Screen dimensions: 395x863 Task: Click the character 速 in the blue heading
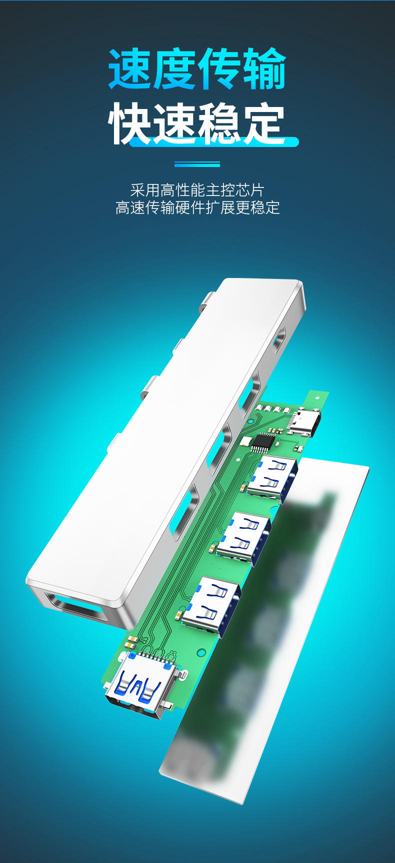pyautogui.click(x=130, y=69)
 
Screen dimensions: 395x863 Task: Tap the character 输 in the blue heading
pyautogui.click(x=264, y=69)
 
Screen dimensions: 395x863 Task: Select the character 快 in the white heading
pyautogui.click(x=130, y=123)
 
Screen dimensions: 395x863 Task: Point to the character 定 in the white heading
pyautogui.click(x=264, y=123)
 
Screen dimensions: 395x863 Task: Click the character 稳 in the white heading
pyautogui.click(x=220, y=123)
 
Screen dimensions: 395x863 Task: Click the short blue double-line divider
pyautogui.click(x=197, y=164)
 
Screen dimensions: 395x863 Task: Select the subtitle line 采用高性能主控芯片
pyautogui.click(x=197, y=190)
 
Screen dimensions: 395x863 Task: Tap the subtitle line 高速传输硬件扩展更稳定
pyautogui.click(x=197, y=207)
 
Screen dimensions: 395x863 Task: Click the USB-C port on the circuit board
pyautogui.click(x=304, y=421)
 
